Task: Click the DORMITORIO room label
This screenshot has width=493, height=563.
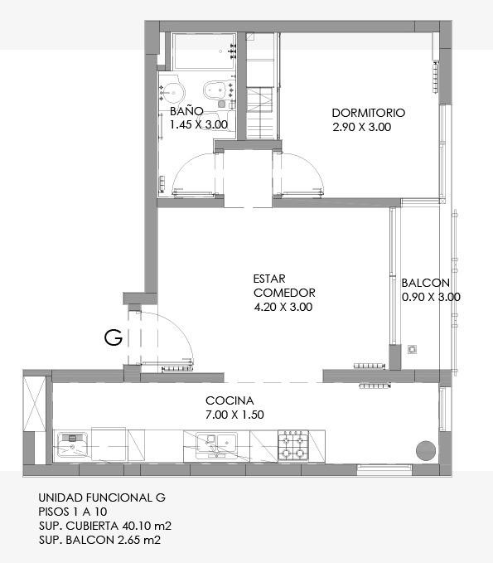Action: tap(369, 113)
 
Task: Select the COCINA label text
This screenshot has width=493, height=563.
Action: tap(230, 400)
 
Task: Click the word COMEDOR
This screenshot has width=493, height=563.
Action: tap(284, 293)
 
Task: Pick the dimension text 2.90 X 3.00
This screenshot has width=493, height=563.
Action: tap(362, 127)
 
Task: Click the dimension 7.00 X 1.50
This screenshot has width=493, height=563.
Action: tap(234, 415)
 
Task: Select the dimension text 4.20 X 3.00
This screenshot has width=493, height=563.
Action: tap(283, 307)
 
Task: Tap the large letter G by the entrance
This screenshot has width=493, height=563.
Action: tap(114, 337)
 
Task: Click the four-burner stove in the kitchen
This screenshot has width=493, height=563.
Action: tap(293, 445)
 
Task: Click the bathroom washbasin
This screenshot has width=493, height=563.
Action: tap(172, 91)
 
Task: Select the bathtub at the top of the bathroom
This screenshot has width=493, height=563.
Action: tap(204, 51)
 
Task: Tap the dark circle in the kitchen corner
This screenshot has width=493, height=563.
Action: tap(426, 449)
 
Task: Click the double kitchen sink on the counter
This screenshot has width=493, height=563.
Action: tap(217, 445)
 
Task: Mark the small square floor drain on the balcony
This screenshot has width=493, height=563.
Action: tap(413, 349)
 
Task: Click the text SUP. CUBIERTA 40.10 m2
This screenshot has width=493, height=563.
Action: tap(105, 526)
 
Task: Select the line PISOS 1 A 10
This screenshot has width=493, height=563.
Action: tap(73, 512)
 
